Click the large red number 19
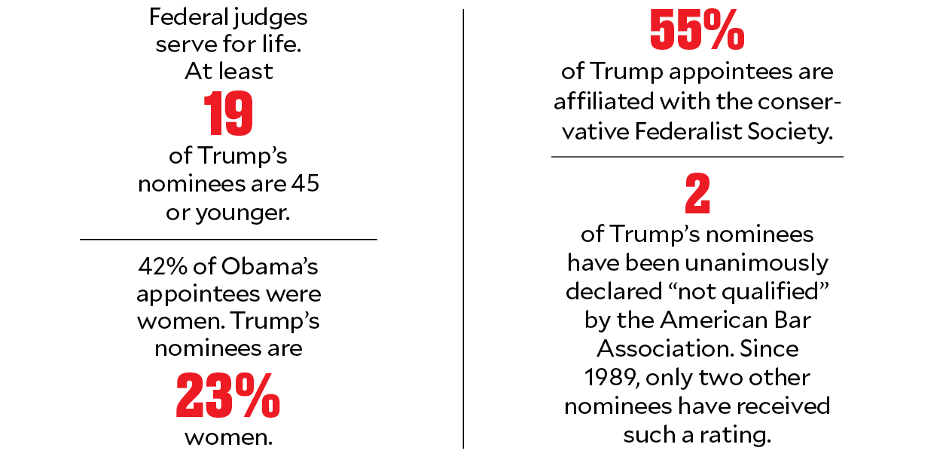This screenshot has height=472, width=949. (x=228, y=115)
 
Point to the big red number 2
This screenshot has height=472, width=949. (x=697, y=196)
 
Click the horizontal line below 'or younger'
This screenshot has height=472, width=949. (x=228, y=240)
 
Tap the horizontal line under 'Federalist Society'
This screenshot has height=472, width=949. (x=697, y=157)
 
